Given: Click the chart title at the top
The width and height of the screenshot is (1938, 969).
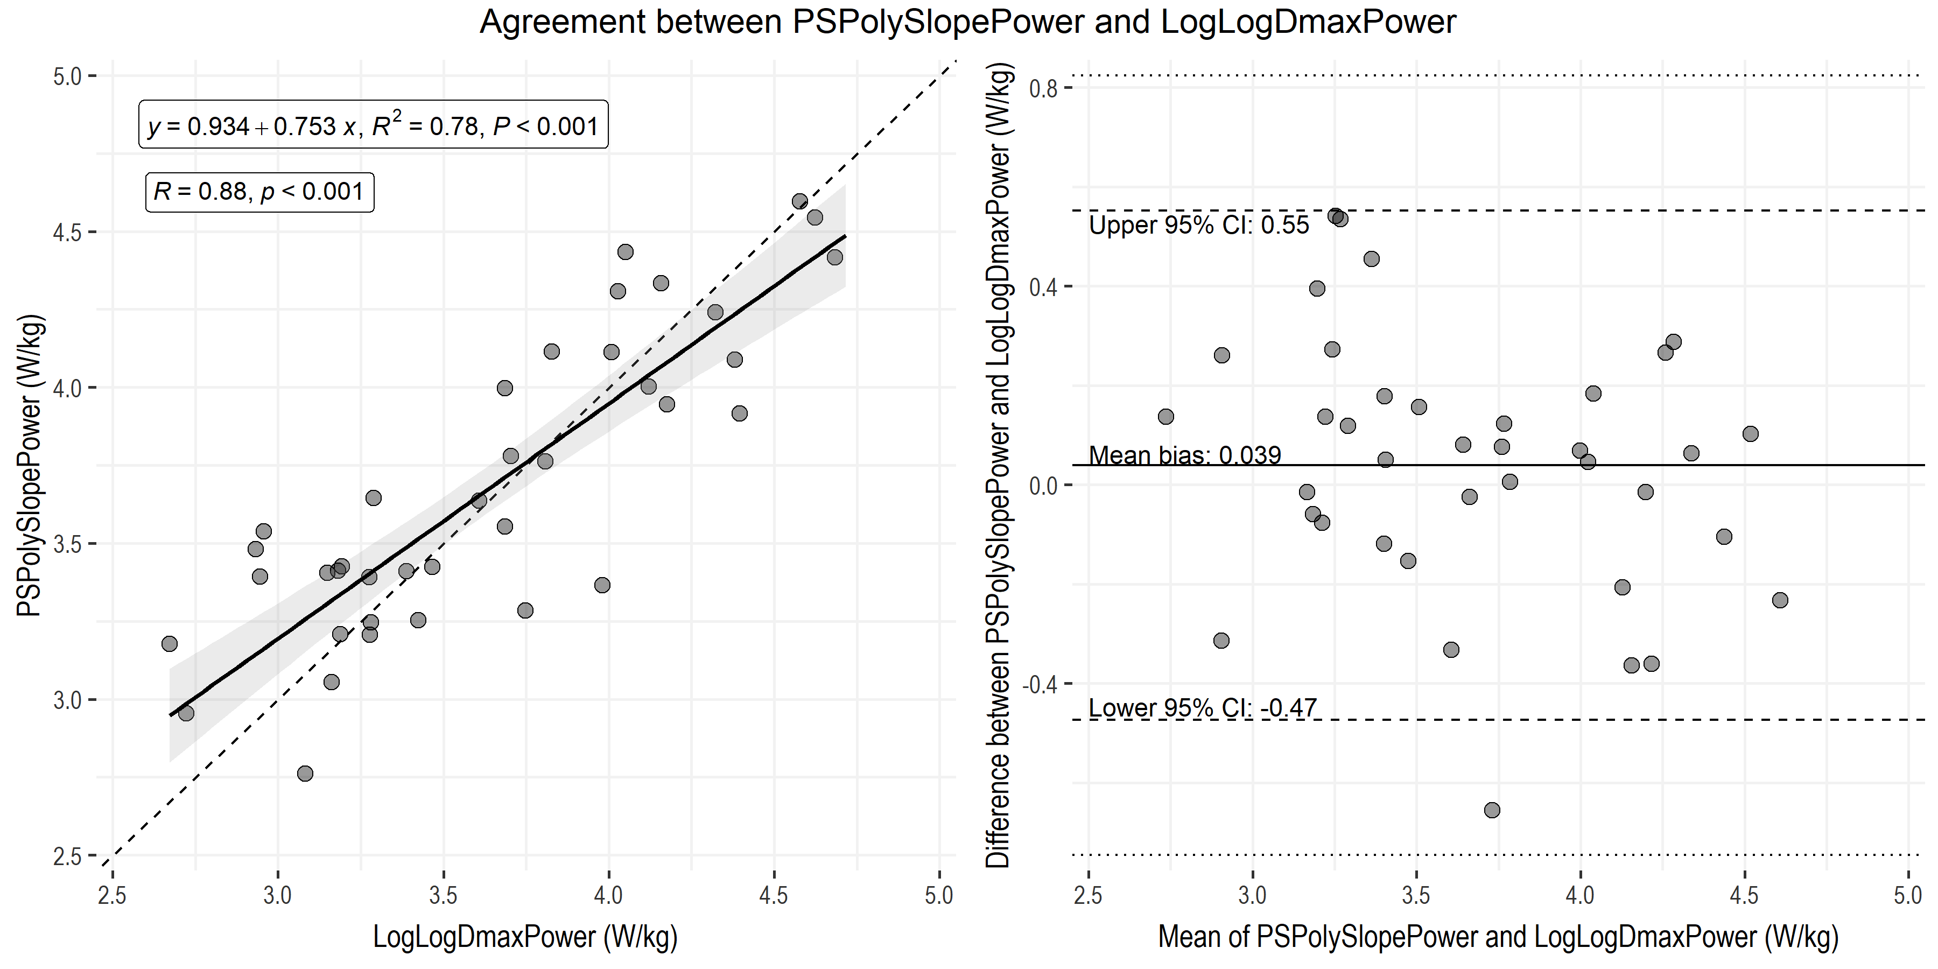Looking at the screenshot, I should (x=968, y=22).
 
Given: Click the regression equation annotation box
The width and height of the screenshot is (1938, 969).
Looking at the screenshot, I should (x=373, y=125).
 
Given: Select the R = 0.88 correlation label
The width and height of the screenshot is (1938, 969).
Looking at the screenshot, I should (x=259, y=192).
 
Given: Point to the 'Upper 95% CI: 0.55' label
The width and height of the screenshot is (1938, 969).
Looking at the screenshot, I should (x=1199, y=226).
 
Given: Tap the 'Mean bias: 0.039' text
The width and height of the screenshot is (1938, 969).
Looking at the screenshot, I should (x=1185, y=455).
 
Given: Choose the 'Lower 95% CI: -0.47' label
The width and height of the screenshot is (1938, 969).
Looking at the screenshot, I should (x=1203, y=708).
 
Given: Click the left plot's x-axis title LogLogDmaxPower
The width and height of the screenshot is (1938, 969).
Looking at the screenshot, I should (x=525, y=937).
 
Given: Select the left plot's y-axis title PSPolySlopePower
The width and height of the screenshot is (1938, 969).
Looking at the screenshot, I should (x=30, y=466).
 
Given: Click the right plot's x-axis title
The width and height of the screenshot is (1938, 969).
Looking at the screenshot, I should (x=1498, y=937).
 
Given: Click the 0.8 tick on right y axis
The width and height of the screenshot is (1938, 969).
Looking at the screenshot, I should (x=1043, y=89).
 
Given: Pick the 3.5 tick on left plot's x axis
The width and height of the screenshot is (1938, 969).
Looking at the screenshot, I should (x=443, y=895).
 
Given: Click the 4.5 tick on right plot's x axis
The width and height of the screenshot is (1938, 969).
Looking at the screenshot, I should (x=1744, y=895).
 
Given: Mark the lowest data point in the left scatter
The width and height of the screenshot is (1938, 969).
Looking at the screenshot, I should (x=305, y=774).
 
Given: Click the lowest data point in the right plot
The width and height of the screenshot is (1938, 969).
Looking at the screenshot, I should (x=1492, y=810).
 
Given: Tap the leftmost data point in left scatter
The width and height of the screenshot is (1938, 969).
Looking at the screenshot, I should (x=169, y=644).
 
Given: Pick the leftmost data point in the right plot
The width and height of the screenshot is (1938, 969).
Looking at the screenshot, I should (x=1165, y=417).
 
